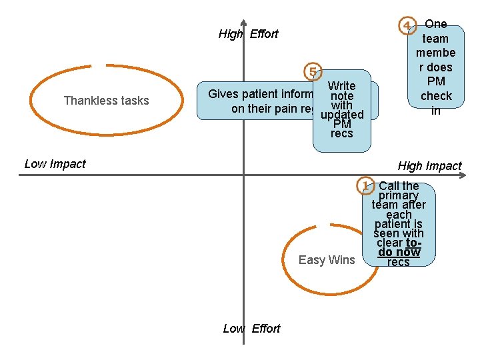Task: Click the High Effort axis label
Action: click(x=248, y=34)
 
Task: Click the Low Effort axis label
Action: click(x=251, y=329)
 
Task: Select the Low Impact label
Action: click(x=55, y=164)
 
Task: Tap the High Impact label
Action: click(x=429, y=166)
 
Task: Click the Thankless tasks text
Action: click(x=106, y=101)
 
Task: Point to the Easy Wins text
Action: click(x=327, y=260)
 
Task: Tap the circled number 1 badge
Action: click(x=365, y=185)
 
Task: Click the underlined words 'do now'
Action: click(x=399, y=252)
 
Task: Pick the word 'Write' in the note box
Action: click(x=341, y=86)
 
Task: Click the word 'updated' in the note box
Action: click(x=341, y=115)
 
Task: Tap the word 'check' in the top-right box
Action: click(x=435, y=96)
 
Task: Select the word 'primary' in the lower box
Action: click(x=399, y=195)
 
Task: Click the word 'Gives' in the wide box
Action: click(x=223, y=94)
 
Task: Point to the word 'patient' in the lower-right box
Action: click(x=399, y=224)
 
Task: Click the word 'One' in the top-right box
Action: click(x=436, y=24)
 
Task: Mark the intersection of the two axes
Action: click(x=243, y=175)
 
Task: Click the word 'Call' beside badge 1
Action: click(x=389, y=186)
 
